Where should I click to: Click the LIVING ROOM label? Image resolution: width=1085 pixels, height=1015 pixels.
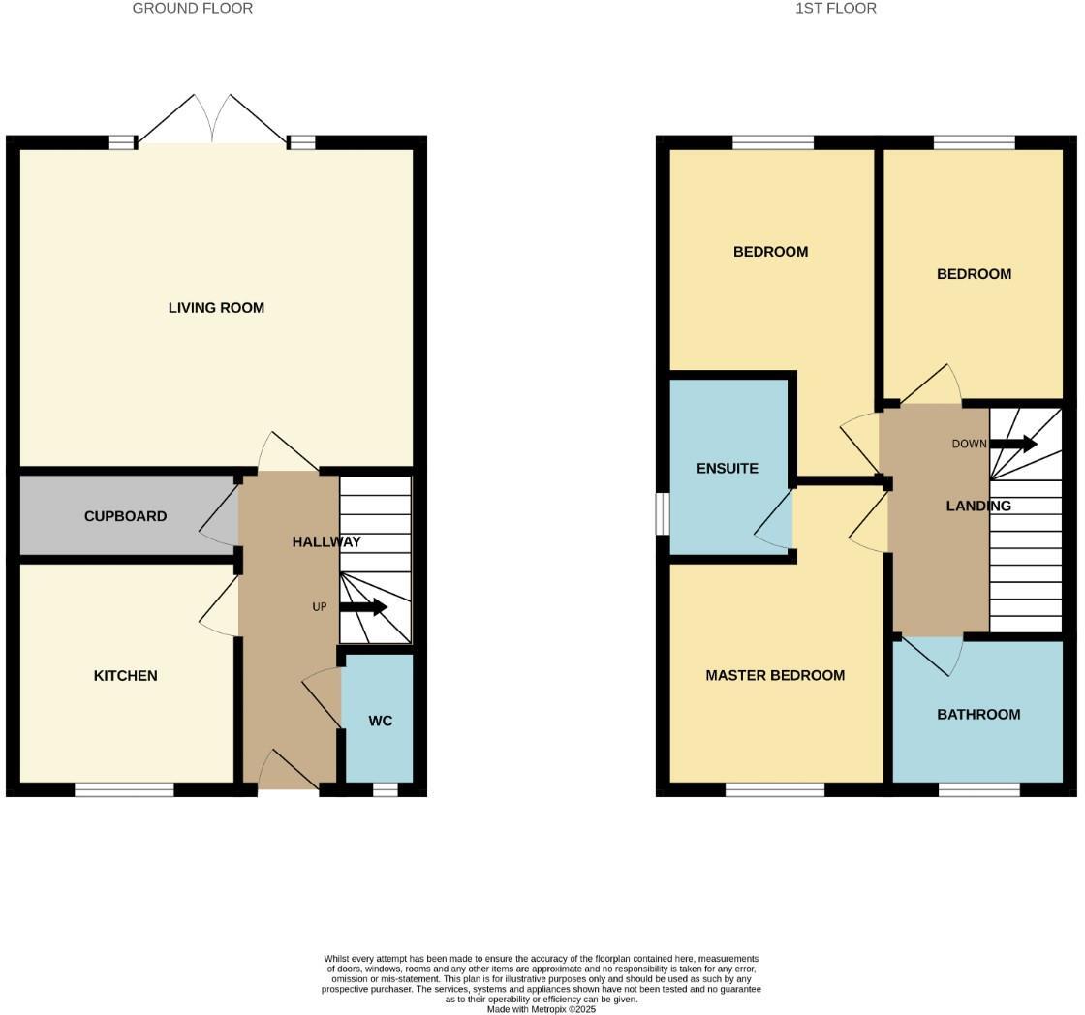(x=216, y=308)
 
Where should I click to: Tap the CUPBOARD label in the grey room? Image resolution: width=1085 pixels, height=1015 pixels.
(x=125, y=516)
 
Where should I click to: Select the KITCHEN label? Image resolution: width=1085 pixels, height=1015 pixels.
(x=125, y=676)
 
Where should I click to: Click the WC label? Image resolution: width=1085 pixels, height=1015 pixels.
(x=381, y=722)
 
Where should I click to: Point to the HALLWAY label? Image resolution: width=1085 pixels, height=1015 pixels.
(x=326, y=542)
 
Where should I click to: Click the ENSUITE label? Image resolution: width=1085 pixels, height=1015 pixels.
(x=728, y=469)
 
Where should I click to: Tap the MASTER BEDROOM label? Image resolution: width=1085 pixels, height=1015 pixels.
(x=775, y=676)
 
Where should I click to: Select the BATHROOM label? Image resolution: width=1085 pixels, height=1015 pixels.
(x=978, y=715)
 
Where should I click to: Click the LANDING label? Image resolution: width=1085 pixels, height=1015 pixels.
(x=978, y=506)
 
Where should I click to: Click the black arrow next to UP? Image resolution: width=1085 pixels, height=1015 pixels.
(x=364, y=607)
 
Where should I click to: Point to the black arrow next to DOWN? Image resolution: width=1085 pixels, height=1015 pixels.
(x=1014, y=444)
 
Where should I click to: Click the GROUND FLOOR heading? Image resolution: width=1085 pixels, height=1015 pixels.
(x=193, y=9)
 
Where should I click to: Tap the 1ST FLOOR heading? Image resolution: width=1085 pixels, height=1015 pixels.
(x=836, y=9)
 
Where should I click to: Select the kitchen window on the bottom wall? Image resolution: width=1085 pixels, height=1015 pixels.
(x=124, y=790)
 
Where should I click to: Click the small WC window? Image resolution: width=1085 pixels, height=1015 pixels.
(x=385, y=790)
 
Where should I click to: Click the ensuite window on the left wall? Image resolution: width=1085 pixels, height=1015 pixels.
(x=663, y=514)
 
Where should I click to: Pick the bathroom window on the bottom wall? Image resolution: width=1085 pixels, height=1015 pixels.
(x=978, y=790)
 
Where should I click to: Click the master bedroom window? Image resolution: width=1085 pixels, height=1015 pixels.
(x=775, y=790)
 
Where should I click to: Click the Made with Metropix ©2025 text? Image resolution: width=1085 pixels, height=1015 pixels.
(x=542, y=1009)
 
